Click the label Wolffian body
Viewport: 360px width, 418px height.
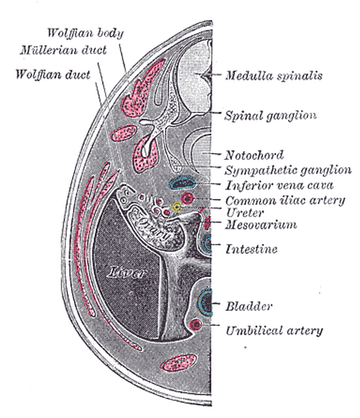(x=86, y=33)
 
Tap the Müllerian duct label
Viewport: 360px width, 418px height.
(x=63, y=50)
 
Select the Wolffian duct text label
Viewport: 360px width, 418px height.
(x=53, y=74)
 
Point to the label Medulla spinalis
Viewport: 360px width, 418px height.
(x=274, y=76)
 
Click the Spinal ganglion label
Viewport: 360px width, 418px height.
(x=270, y=116)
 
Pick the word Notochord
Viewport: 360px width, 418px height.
(x=253, y=155)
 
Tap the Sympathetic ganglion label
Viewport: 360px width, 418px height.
(x=288, y=170)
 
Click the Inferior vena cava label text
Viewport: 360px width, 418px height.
(x=279, y=185)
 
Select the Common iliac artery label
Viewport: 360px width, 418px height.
(x=285, y=200)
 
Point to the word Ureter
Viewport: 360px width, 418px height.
(x=245, y=213)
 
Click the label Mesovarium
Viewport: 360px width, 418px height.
(x=261, y=224)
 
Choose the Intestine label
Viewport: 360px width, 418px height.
(x=251, y=249)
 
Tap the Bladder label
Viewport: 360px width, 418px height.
(x=249, y=306)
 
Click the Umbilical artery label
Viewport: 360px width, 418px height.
(x=274, y=330)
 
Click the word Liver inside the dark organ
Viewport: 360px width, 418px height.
(x=127, y=273)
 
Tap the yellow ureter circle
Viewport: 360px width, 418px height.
(x=176, y=207)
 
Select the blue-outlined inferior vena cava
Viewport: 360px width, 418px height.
(x=182, y=182)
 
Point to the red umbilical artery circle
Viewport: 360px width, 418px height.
(x=196, y=324)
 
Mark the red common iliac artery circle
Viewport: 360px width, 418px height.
(x=187, y=199)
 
